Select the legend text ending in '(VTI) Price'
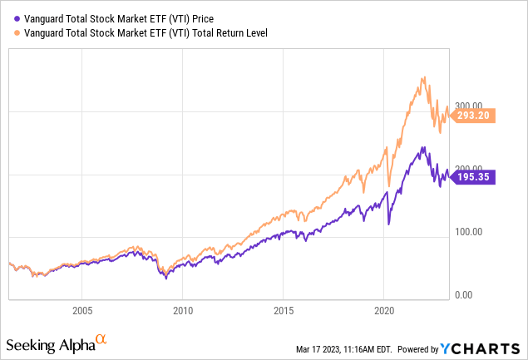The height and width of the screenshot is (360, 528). [119, 12]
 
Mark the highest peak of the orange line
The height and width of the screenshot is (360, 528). [424, 77]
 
